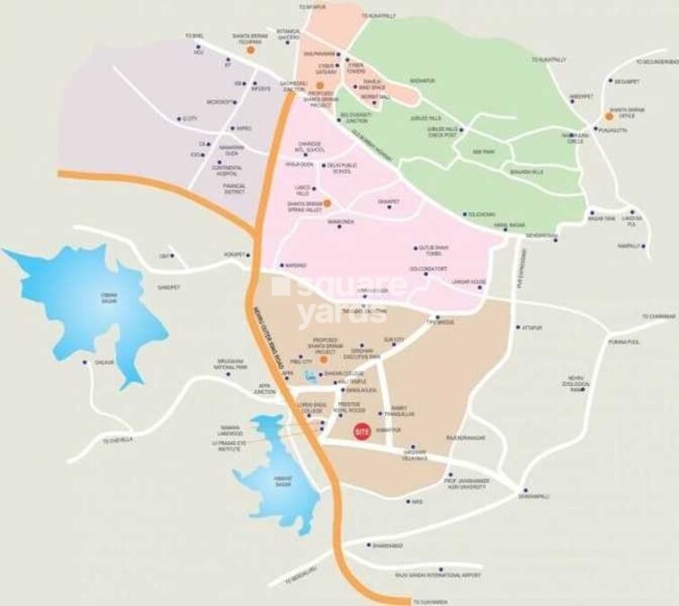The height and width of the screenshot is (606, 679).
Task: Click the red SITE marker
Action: [x=362, y=431]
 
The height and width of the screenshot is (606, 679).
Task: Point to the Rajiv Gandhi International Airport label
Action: [x=439, y=574]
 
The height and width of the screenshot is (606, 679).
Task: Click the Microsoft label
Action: [x=220, y=102]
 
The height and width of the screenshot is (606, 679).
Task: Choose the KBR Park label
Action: [x=484, y=152]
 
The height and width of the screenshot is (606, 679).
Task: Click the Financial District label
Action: [x=235, y=187]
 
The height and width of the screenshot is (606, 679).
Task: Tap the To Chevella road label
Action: [x=118, y=440]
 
